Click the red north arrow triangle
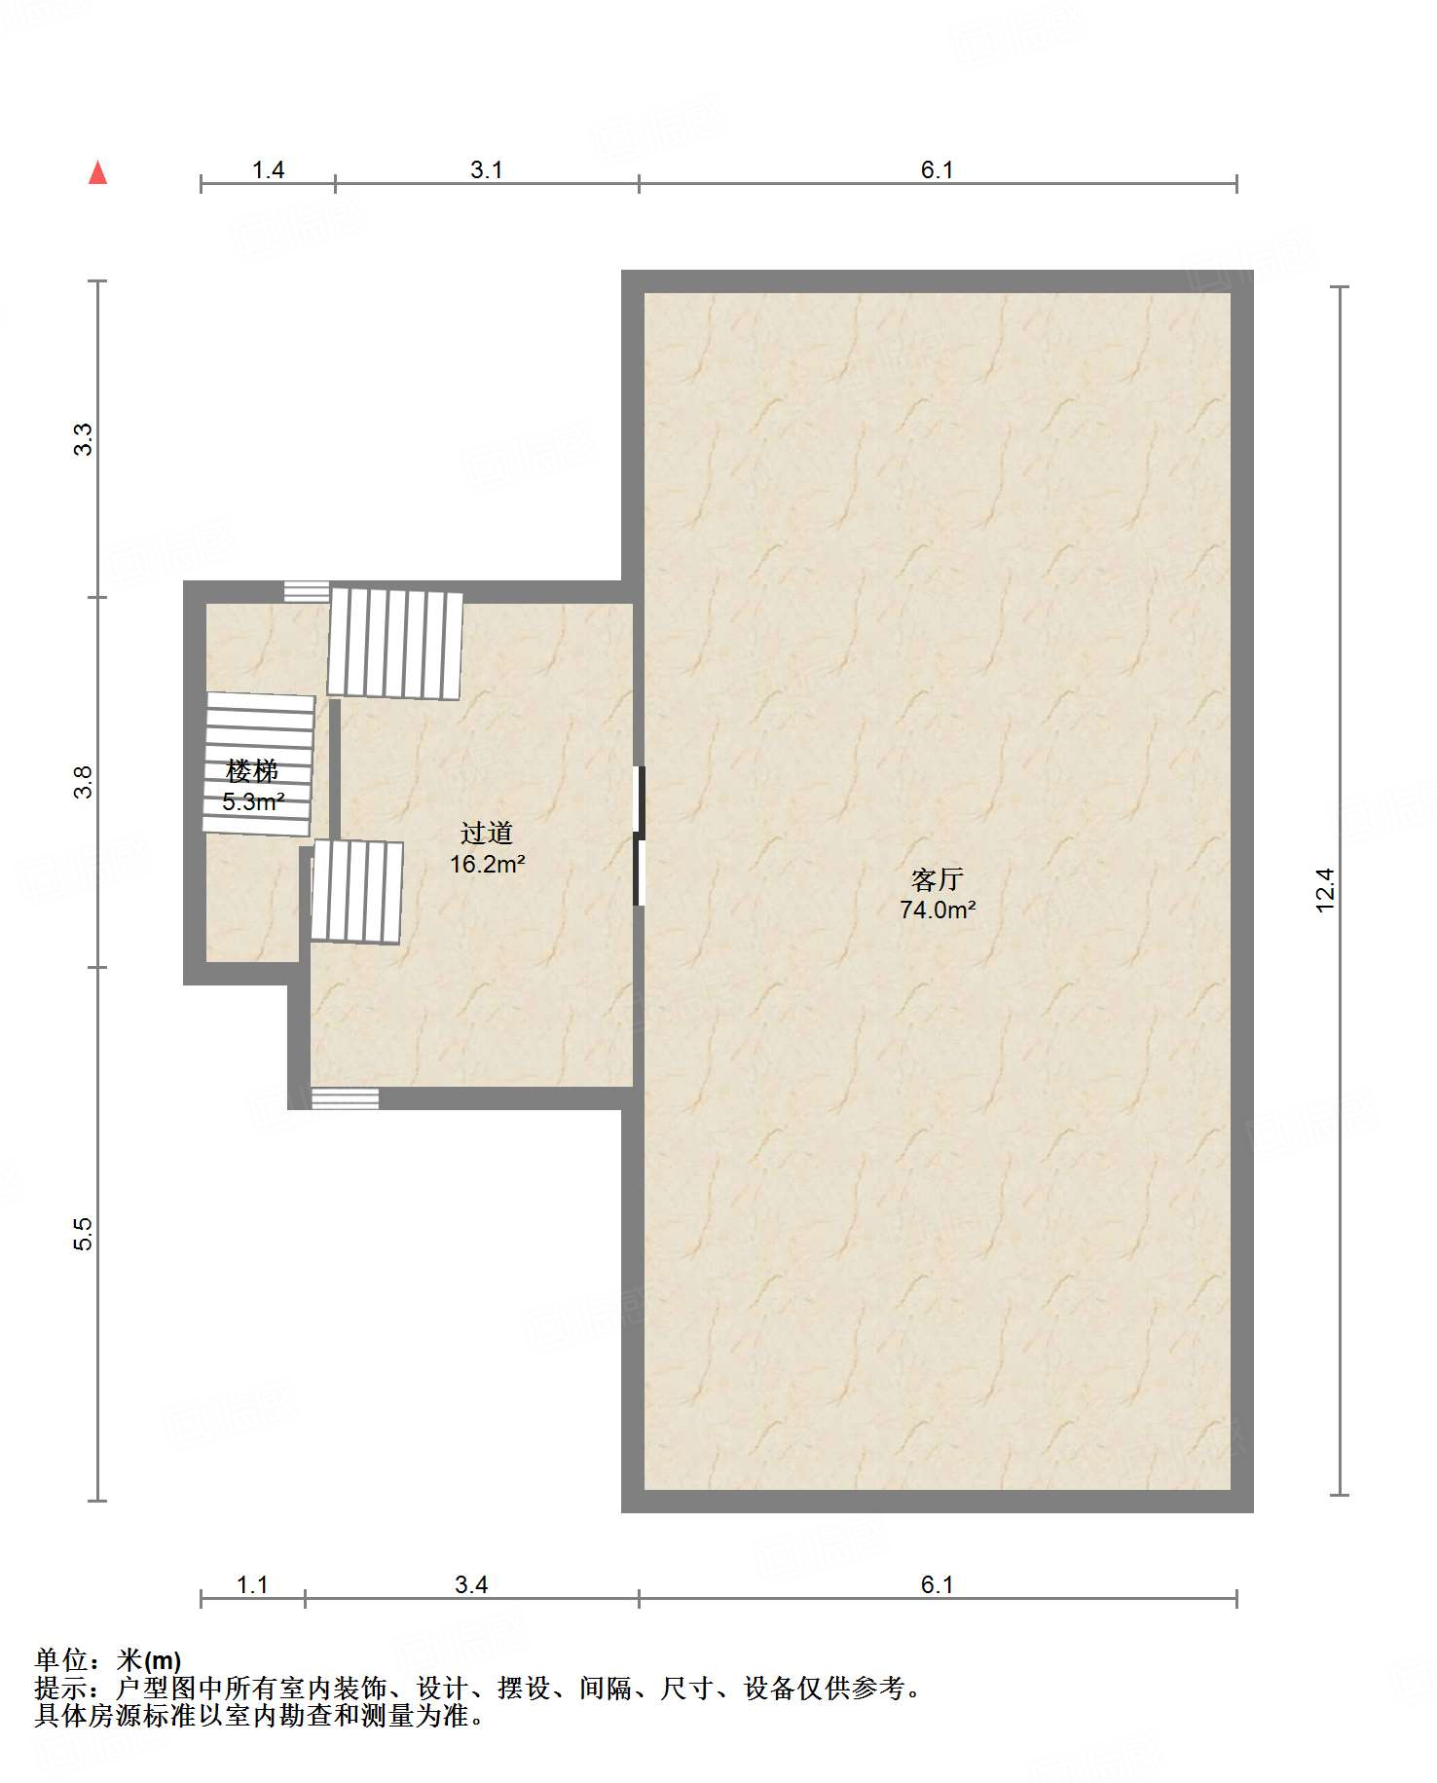click(97, 172)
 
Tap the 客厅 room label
click(937, 879)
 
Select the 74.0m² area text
click(938, 910)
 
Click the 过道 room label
click(486, 833)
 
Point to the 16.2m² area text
click(487, 864)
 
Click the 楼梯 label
click(252, 771)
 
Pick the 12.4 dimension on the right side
click(1325, 890)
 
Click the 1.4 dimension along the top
click(268, 170)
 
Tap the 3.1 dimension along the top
click(486, 170)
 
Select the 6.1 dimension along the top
click(937, 170)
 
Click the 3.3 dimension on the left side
click(84, 439)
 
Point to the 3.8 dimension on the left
click(84, 782)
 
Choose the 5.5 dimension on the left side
click(84, 1234)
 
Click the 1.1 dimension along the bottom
click(252, 1585)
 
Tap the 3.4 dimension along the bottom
click(471, 1585)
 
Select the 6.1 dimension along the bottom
click(937, 1585)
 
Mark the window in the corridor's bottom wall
click(345, 1098)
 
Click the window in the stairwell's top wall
click(307, 592)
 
